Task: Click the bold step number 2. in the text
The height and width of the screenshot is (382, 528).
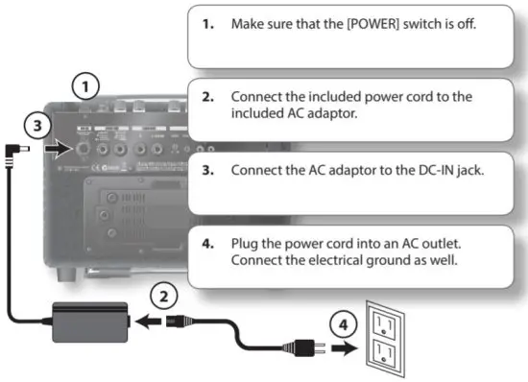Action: click(207, 98)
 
